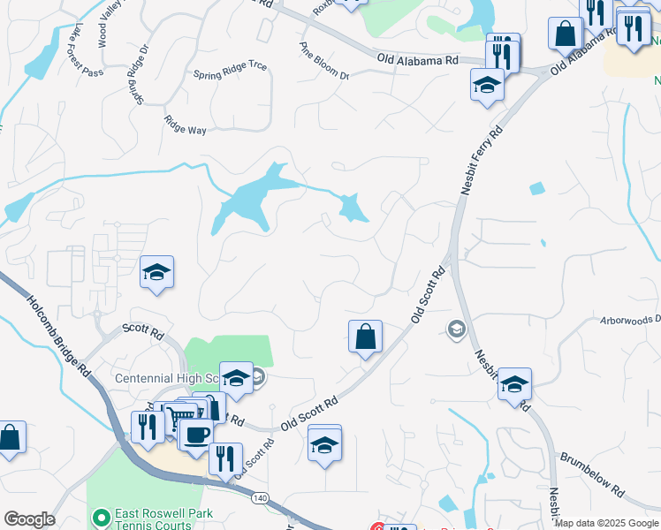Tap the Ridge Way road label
click(x=186, y=125)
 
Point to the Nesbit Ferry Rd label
click(x=481, y=160)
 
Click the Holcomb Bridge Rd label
click(x=57, y=336)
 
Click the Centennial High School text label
click(x=167, y=378)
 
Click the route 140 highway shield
click(x=259, y=498)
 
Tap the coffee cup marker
click(x=197, y=433)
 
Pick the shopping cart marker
click(x=180, y=417)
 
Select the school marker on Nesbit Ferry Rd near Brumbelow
click(x=514, y=384)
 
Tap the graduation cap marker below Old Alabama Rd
click(x=486, y=85)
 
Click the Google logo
click(x=29, y=519)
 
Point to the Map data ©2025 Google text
click(x=606, y=524)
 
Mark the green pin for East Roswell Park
click(x=102, y=515)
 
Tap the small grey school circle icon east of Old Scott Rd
click(x=456, y=329)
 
